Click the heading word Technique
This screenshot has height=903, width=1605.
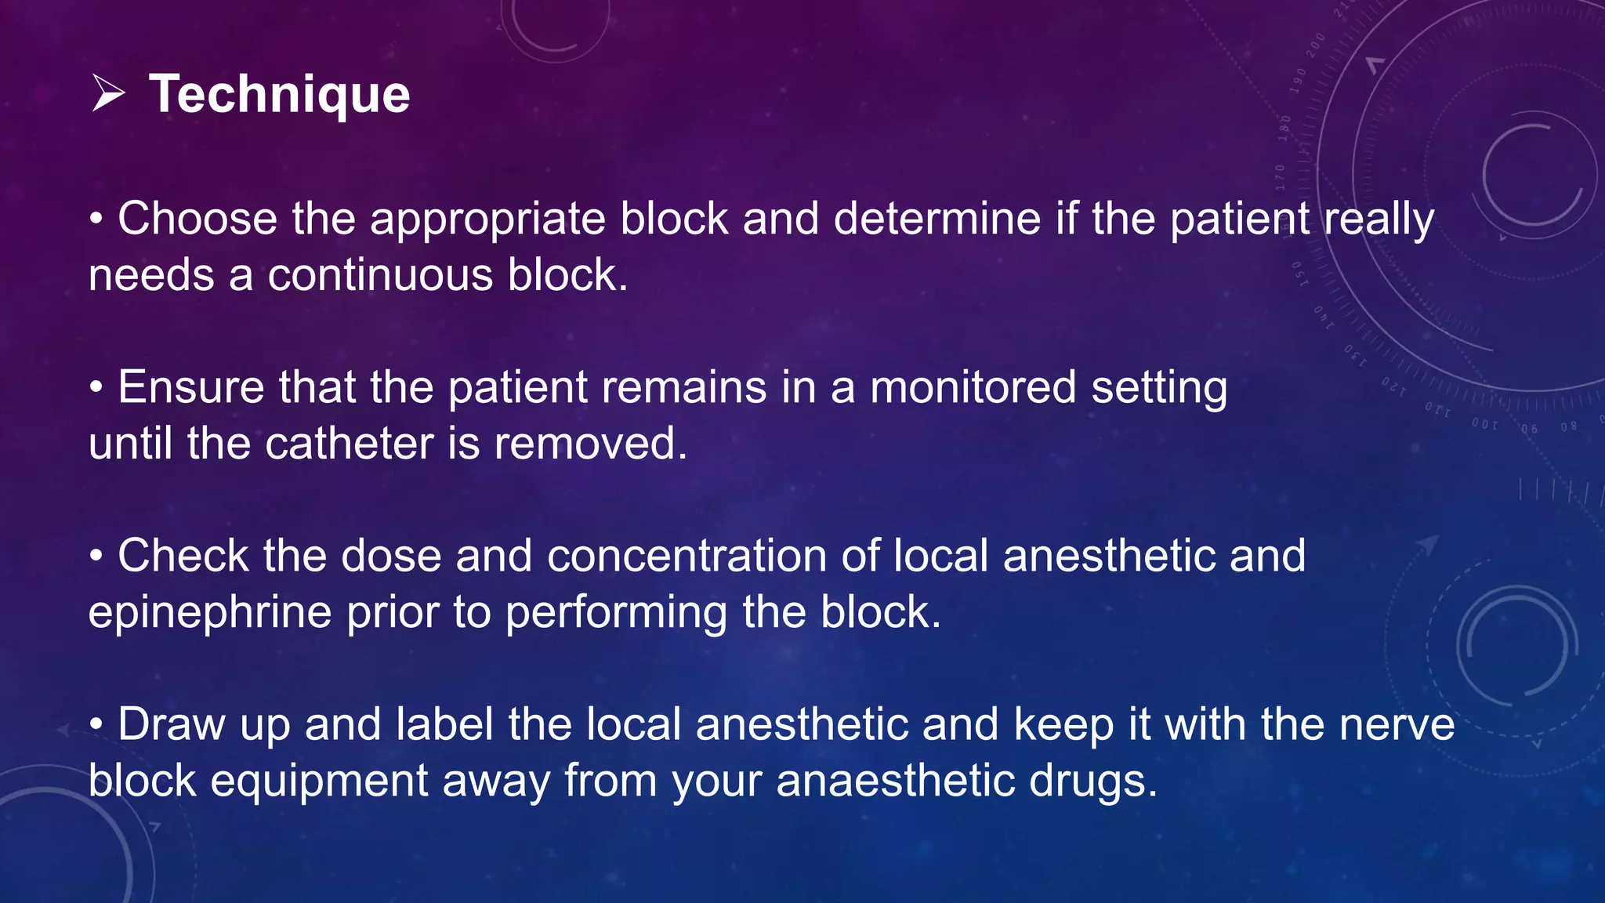279,94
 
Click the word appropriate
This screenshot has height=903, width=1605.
487,219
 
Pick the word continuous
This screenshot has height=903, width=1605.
380,275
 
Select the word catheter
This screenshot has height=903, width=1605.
349,444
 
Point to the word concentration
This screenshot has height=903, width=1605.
687,556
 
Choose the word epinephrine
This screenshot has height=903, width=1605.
210,613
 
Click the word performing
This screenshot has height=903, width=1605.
616,613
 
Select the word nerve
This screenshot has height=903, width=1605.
1397,724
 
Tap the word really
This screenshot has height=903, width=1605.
1379,219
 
